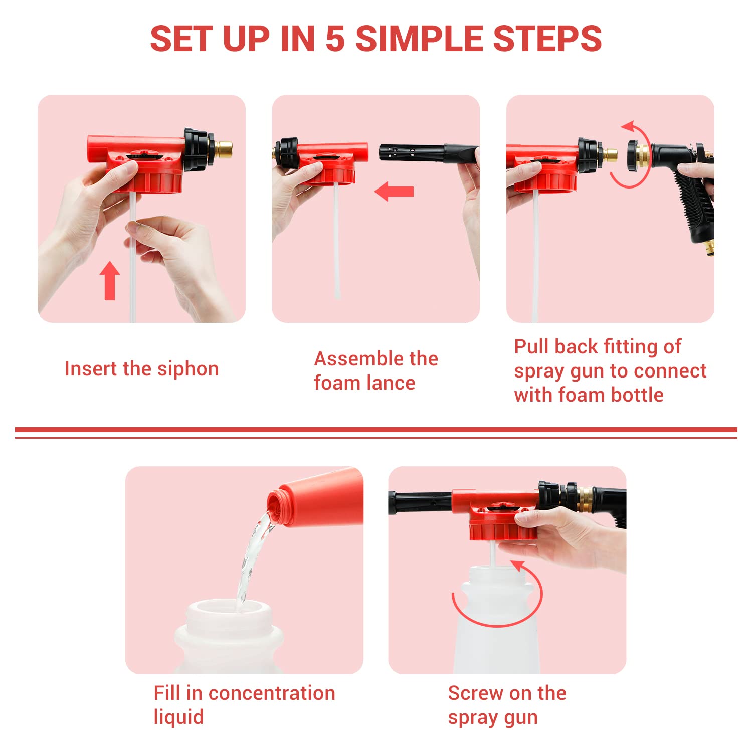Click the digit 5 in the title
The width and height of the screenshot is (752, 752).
[335, 39]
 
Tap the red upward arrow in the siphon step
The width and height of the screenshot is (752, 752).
[110, 281]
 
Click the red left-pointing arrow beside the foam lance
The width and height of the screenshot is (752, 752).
[395, 192]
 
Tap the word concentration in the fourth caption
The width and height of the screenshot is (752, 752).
[271, 693]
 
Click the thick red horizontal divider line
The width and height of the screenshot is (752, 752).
[376, 430]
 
